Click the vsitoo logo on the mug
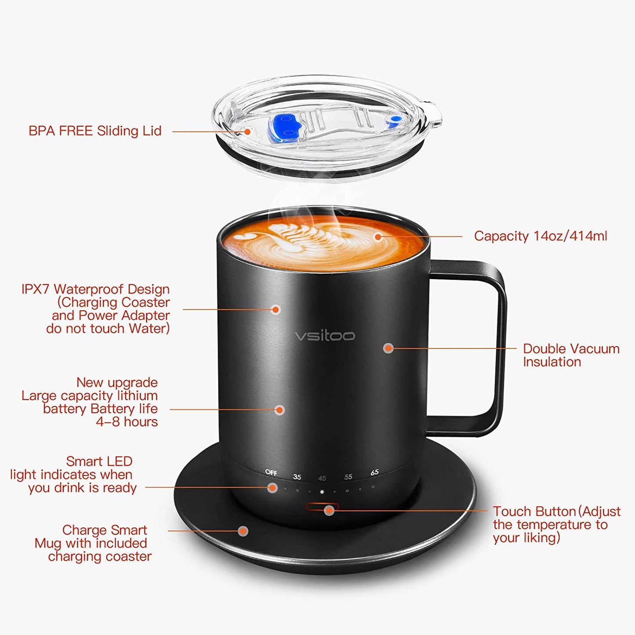[324, 336]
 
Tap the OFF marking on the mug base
[271, 472]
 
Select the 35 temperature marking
[297, 477]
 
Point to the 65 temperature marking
[374, 472]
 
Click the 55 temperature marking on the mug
[348, 477]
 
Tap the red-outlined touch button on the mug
[322, 507]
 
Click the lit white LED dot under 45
[322, 492]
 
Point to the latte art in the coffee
[308, 239]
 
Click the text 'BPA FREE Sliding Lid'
[95, 131]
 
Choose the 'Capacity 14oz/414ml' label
[540, 236]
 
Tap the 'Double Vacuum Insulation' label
[570, 355]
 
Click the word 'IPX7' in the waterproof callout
[36, 289]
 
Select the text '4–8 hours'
[127, 422]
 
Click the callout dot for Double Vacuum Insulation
[388, 348]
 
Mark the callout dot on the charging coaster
[243, 531]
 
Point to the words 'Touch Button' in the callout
[534, 512]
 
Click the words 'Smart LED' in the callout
[99, 461]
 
